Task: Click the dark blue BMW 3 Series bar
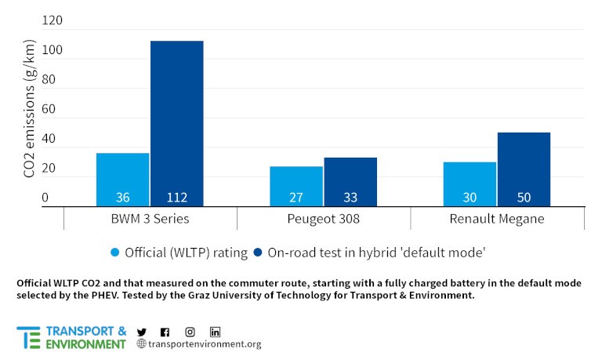point(177,123)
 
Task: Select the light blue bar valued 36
point(122,180)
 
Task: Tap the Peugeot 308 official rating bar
point(296,186)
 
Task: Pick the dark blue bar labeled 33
point(350,182)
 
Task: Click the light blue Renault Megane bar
point(470,184)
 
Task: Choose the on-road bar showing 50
point(524,169)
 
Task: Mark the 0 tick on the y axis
point(45,198)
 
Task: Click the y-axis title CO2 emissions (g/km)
point(30,112)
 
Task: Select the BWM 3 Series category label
point(150,219)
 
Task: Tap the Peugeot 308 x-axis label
point(323,219)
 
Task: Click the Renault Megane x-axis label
point(497,219)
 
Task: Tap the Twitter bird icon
point(142,332)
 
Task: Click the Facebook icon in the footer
point(165,332)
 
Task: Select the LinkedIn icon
point(215,332)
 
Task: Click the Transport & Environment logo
point(71,337)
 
